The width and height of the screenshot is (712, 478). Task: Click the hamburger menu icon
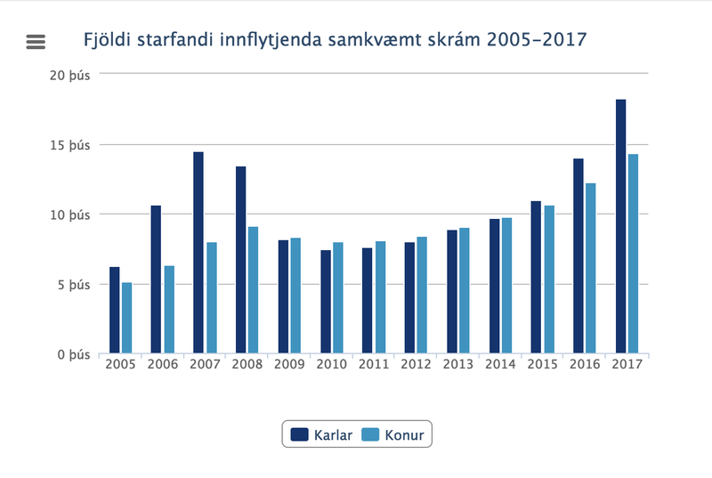(x=36, y=41)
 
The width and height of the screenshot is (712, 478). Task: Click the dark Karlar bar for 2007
(x=198, y=253)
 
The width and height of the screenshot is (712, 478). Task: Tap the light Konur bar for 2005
(x=127, y=318)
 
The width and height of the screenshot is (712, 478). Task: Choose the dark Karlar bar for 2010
(x=325, y=302)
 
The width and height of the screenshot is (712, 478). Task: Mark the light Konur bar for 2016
(x=591, y=268)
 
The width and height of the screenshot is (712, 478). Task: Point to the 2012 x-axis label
(x=416, y=365)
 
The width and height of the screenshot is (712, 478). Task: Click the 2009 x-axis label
(x=289, y=365)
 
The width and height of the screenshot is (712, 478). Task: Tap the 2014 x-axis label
(x=500, y=365)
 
